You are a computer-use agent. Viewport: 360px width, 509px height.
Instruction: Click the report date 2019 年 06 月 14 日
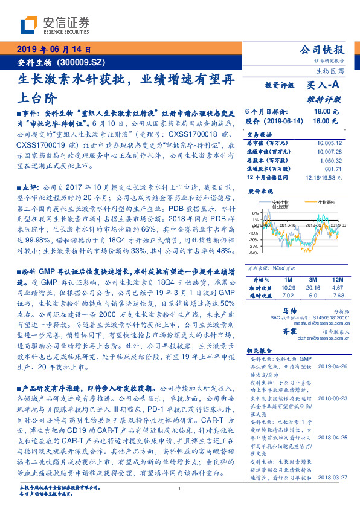pyautogui.click(x=53, y=50)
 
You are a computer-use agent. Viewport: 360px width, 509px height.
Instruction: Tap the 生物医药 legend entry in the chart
pyautogui.click(x=317, y=202)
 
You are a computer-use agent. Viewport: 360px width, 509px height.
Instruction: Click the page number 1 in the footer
pyautogui.click(x=180, y=489)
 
